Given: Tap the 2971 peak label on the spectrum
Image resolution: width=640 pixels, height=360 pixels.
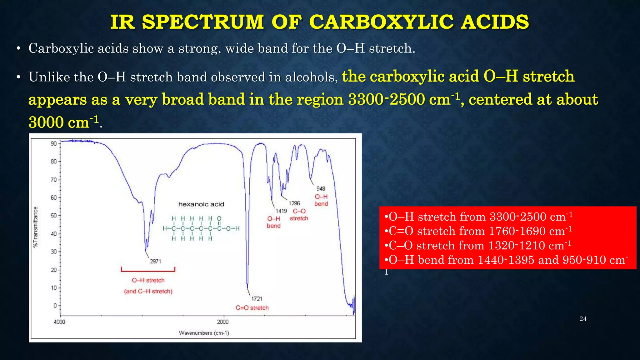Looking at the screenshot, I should (155, 261).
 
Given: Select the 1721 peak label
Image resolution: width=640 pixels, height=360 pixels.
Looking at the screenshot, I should (257, 299).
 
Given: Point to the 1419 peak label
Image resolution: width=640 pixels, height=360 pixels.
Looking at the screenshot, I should (281, 211).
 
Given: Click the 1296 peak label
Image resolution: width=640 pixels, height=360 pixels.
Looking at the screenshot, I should (294, 203).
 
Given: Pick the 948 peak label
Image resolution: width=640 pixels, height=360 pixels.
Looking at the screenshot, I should (321, 189).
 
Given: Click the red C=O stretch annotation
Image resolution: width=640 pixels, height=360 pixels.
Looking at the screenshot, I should (252, 308).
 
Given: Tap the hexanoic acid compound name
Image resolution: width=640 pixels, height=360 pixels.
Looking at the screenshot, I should (201, 204).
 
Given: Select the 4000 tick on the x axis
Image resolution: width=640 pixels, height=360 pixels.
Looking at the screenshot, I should (60, 322).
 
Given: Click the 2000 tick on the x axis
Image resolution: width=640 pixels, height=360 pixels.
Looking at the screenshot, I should (223, 322).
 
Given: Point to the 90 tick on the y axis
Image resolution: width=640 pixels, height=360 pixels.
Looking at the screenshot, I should (54, 144).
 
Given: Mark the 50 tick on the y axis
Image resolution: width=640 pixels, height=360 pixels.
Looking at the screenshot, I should (54, 216).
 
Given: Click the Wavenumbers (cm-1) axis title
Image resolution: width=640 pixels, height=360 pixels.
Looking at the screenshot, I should (204, 333).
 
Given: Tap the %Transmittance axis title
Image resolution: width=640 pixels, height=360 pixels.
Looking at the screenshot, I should (36, 227).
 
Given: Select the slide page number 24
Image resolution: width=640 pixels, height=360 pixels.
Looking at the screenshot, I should (583, 319).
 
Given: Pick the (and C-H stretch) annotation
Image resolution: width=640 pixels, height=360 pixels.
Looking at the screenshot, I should (148, 291).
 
